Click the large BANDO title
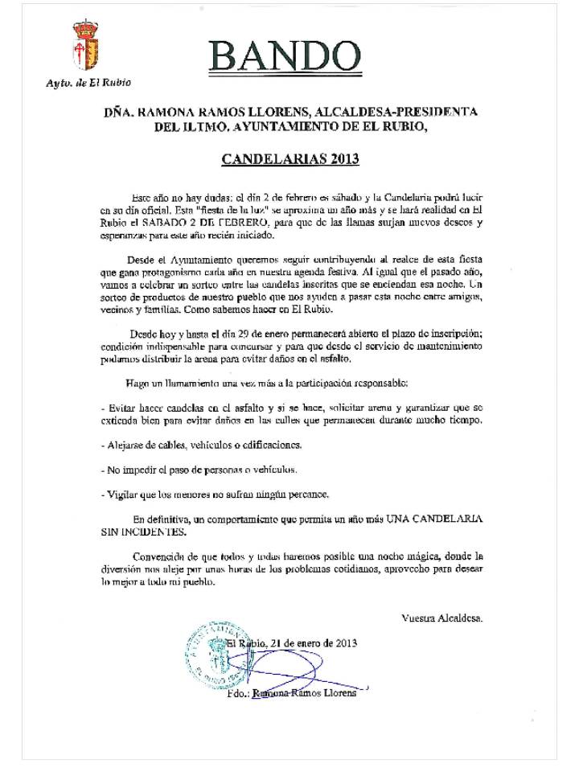[284, 57]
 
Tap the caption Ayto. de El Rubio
[88, 82]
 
